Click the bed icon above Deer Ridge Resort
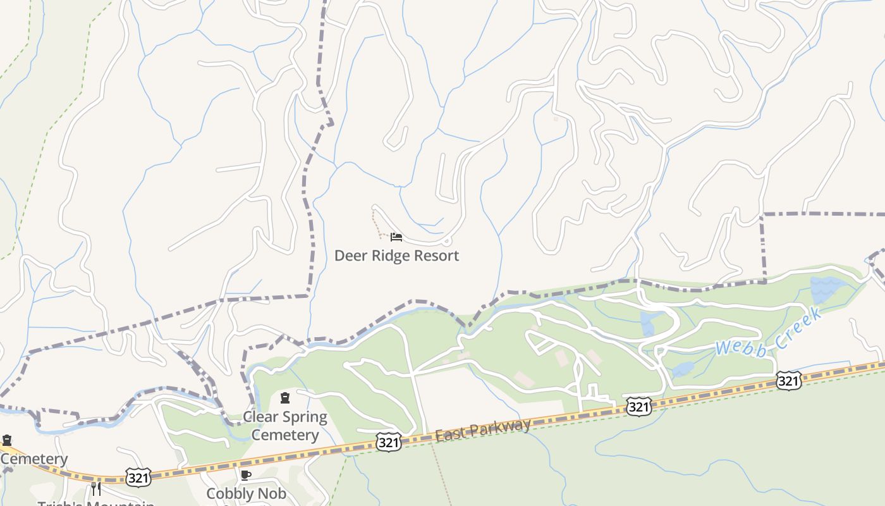396,237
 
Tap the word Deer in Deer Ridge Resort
350,256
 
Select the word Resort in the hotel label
436,256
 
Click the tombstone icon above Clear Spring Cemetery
285,398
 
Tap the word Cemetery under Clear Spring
285,435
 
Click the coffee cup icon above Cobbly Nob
246,475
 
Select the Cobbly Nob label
246,493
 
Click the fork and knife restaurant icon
96,488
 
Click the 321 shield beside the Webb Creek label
788,381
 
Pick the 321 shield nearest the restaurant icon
138,478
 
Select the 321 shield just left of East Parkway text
388,442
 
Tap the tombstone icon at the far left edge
7,440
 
